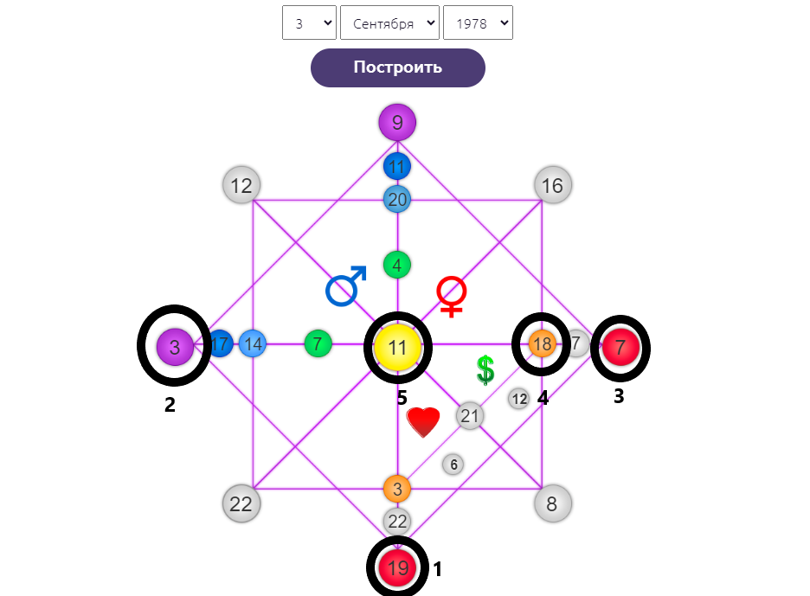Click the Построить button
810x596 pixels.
pyautogui.click(x=397, y=67)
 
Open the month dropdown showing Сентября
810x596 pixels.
pyautogui.click(x=389, y=23)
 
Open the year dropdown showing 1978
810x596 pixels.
pyautogui.click(x=478, y=23)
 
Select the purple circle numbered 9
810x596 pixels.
pyautogui.click(x=397, y=122)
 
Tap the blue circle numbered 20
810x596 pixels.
pyautogui.click(x=397, y=199)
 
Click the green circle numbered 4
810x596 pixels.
pyautogui.click(x=397, y=265)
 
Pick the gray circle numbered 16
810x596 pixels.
pyautogui.click(x=553, y=185)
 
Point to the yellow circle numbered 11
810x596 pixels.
pyautogui.click(x=397, y=348)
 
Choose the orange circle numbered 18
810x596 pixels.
pyautogui.click(x=543, y=344)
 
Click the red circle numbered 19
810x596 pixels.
pyautogui.click(x=397, y=568)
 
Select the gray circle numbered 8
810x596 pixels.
pyautogui.click(x=552, y=503)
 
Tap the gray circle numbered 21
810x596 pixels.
pyautogui.click(x=469, y=416)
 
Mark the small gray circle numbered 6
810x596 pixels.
pyautogui.click(x=453, y=465)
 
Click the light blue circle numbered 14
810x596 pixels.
pyautogui.click(x=253, y=344)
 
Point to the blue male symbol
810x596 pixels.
pyautogui.click(x=345, y=286)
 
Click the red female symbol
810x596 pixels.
pyautogui.click(x=451, y=296)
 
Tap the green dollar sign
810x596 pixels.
pyautogui.click(x=485, y=369)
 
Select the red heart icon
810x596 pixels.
pyautogui.click(x=423, y=422)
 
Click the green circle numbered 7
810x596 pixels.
pyautogui.click(x=318, y=344)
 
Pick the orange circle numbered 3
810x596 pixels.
pyautogui.click(x=397, y=489)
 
